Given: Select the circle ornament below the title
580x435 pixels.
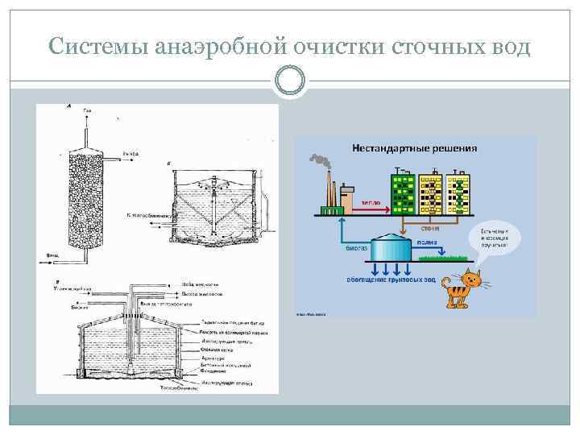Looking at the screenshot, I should click(x=289, y=81).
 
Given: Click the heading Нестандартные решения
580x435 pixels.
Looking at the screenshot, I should click(x=414, y=148).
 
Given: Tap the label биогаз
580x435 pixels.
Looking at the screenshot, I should click(x=357, y=250).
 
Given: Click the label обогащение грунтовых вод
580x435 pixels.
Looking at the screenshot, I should click(x=391, y=280).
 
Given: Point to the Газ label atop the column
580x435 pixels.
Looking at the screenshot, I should click(x=87, y=109).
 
